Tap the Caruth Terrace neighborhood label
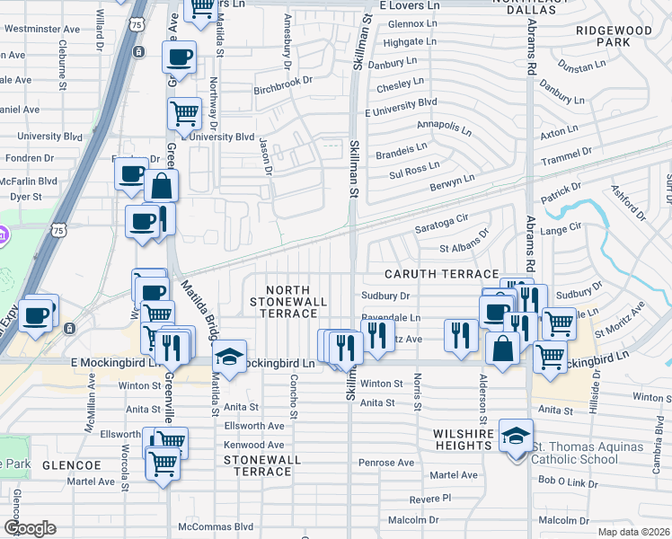[441, 273]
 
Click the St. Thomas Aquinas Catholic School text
[587, 453]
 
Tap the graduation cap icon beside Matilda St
[229, 357]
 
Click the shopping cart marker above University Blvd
[184, 113]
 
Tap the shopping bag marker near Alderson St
[503, 349]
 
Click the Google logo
[30, 527]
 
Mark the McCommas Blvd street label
[216, 526]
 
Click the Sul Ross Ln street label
[409, 166]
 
